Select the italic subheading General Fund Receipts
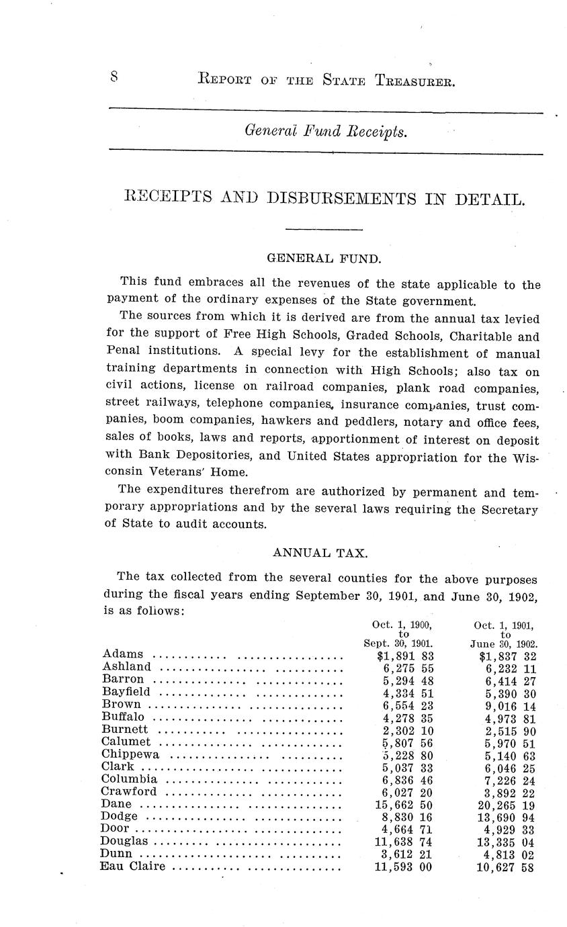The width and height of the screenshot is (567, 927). pos(326,131)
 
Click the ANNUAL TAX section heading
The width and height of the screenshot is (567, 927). pos(320,553)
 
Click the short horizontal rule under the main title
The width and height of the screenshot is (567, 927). pos(324,230)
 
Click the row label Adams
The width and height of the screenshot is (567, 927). pos(123,654)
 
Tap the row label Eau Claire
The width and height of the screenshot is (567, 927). pos(132,867)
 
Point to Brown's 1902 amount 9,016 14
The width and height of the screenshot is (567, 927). pos(509,704)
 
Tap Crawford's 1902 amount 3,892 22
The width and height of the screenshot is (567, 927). pos(509,792)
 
